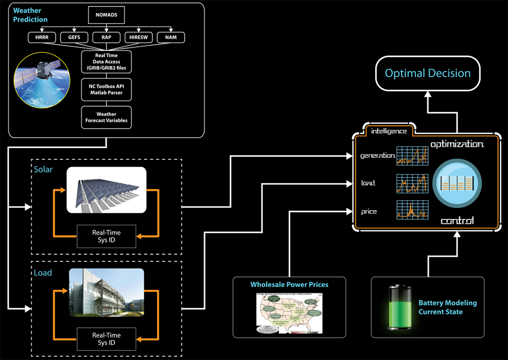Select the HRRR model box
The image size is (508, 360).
(42, 37)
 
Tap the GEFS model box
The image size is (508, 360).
(73, 37)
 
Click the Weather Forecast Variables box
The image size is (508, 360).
(106, 117)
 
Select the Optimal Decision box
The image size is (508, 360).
(427, 73)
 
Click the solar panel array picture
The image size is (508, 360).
(106, 190)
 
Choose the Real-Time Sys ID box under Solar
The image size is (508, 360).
(106, 236)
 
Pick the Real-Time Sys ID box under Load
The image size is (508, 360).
(106, 338)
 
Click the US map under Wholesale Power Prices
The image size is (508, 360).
(289, 312)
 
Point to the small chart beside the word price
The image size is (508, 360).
(412, 211)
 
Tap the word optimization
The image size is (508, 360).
(457, 144)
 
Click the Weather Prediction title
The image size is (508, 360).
(30, 14)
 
